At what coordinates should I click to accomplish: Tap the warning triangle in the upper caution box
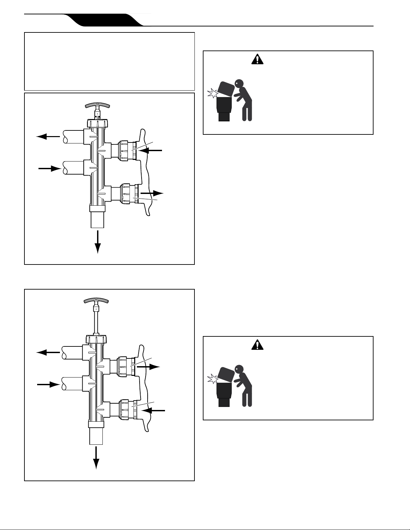[x=257, y=59]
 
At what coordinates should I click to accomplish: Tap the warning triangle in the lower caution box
[x=257, y=345]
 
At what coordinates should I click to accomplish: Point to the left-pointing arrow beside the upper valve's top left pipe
[x=48, y=136]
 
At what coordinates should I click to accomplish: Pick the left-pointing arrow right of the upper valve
[x=151, y=151]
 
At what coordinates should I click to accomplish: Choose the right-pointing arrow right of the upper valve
[x=152, y=193]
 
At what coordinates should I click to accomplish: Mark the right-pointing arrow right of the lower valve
[x=149, y=366]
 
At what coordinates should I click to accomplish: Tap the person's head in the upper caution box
[x=239, y=83]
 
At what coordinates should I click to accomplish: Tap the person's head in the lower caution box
[x=239, y=369]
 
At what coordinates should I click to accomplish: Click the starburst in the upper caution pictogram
[x=212, y=93]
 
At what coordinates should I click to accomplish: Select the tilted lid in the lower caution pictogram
[x=226, y=375]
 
